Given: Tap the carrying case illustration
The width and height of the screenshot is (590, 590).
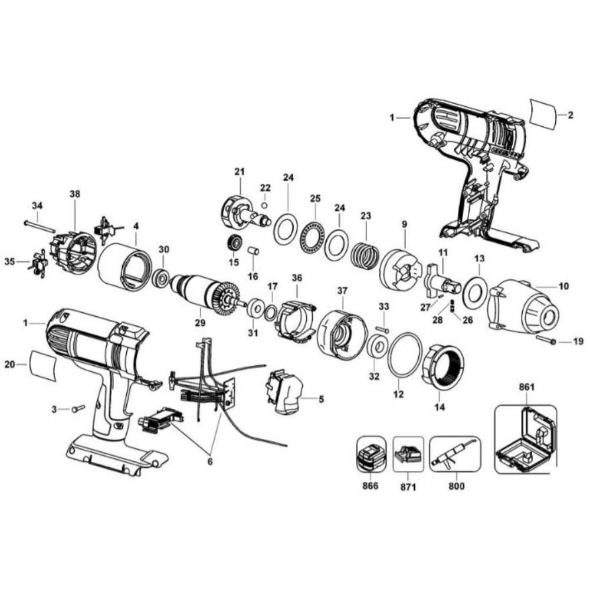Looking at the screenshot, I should click(525, 440).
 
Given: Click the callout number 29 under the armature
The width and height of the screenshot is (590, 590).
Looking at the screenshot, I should click(199, 322).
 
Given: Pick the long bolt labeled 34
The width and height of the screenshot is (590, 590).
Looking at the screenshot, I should click(40, 225).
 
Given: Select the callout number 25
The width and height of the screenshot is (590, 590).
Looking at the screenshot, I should click(315, 198).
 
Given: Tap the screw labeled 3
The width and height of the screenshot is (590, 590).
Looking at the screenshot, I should click(78, 408).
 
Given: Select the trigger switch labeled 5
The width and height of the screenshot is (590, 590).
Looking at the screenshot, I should click(285, 392).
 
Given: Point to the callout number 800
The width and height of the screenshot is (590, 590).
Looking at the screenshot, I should click(456, 487).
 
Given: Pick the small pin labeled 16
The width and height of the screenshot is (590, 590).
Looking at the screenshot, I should click(254, 252).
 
